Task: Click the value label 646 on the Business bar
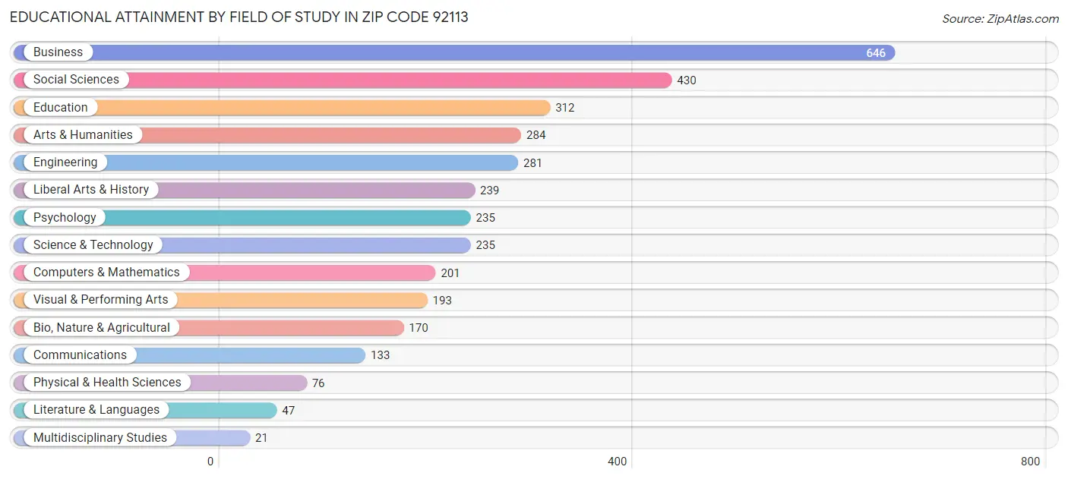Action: click(875, 53)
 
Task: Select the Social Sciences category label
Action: click(76, 80)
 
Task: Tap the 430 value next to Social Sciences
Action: click(686, 80)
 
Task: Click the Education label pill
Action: click(60, 108)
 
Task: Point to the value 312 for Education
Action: click(564, 108)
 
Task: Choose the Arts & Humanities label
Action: click(82, 135)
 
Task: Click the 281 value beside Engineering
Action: click(532, 163)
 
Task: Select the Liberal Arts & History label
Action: click(90, 190)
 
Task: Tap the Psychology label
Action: click(65, 218)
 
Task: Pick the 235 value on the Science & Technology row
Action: click(485, 245)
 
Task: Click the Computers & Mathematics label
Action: click(106, 273)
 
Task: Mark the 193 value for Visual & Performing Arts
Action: click(442, 301)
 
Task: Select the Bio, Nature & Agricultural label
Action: click(101, 328)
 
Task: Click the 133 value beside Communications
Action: click(380, 355)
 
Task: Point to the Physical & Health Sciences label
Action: click(107, 383)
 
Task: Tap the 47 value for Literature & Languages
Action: click(288, 411)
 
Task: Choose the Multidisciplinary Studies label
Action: click(100, 438)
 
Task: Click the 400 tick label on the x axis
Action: click(617, 462)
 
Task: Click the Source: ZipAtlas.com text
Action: click(1000, 19)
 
